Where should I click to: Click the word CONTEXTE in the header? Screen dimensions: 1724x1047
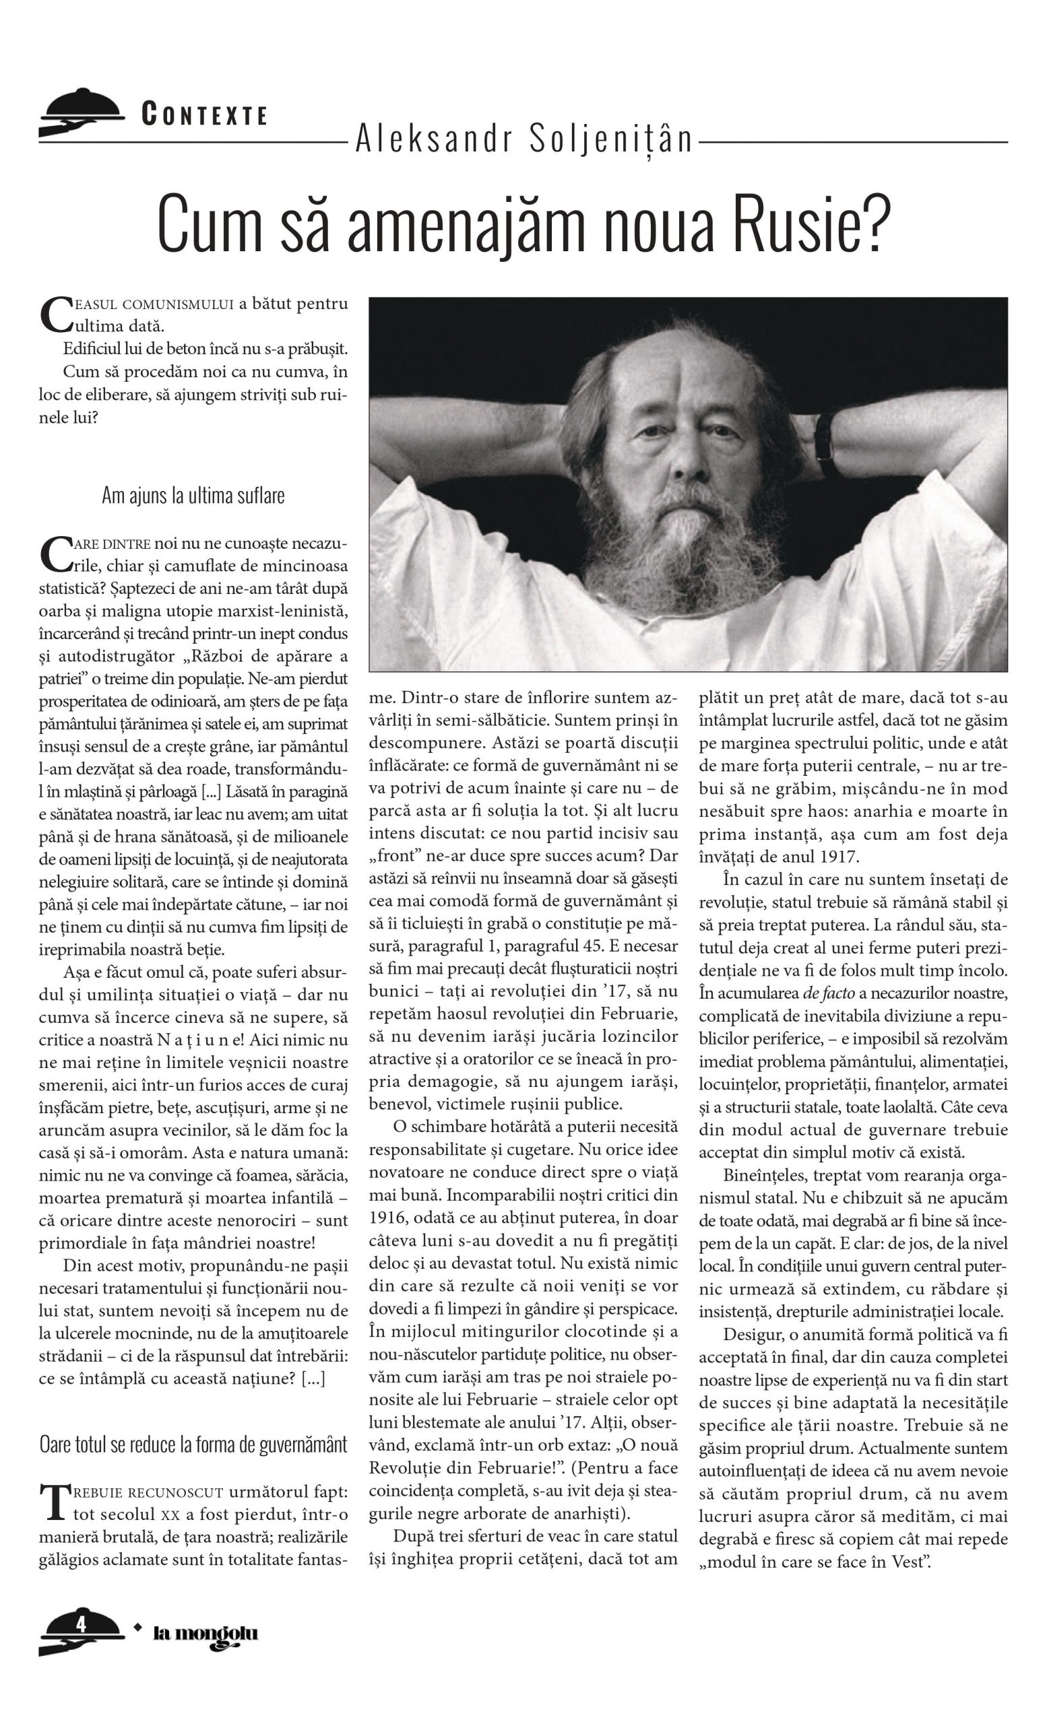(x=203, y=114)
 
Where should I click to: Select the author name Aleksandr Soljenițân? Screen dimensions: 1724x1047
(x=523, y=139)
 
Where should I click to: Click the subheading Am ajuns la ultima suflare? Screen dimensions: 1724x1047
(x=193, y=496)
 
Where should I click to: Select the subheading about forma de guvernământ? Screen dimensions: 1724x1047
(x=193, y=1442)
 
